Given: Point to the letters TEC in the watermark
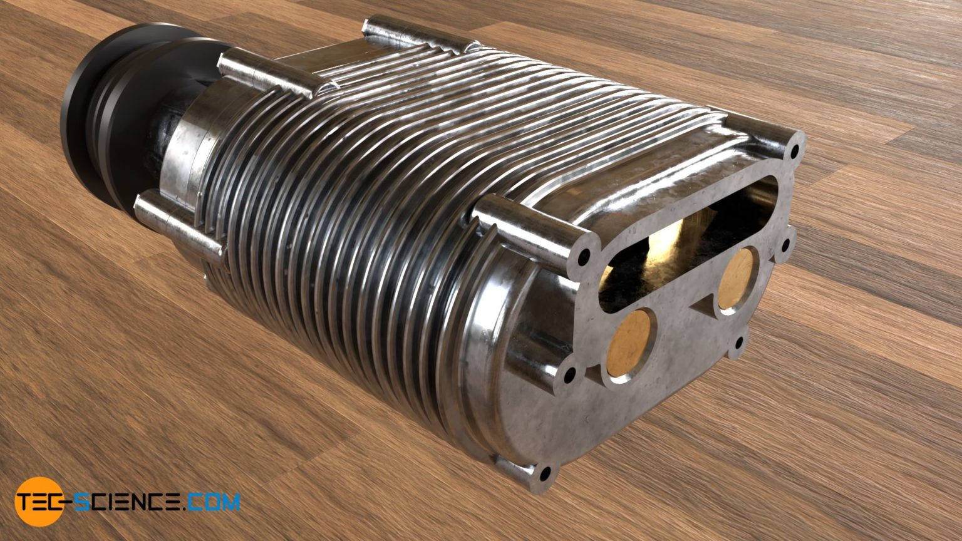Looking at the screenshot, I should point(41,502).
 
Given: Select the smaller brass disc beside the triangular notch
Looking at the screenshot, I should point(737,278).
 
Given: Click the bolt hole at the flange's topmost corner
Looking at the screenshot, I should point(795,150).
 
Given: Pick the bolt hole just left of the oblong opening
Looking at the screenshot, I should point(584,256).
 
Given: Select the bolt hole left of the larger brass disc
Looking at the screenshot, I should point(570,376).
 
